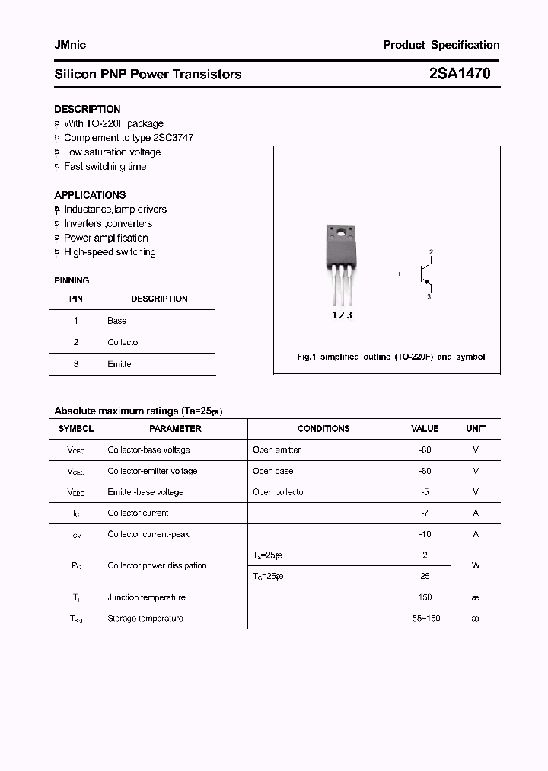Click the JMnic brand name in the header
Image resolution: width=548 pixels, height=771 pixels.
(70, 45)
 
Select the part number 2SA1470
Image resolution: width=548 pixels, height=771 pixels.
(460, 74)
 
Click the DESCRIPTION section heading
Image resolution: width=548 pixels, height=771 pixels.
(87, 109)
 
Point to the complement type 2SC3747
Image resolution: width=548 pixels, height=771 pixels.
(174, 138)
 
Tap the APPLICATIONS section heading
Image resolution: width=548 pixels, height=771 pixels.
(90, 195)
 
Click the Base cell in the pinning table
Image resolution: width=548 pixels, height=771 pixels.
(116, 321)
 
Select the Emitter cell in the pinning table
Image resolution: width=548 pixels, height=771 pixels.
(120, 364)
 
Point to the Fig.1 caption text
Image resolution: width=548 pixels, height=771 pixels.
(390, 357)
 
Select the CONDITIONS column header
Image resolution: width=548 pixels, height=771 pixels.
(323, 429)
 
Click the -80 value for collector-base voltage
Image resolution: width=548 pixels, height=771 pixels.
(425, 449)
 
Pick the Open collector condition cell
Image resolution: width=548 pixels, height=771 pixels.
(279, 492)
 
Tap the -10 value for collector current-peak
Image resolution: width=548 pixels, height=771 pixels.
(425, 534)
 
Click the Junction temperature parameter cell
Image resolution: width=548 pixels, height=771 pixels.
(146, 597)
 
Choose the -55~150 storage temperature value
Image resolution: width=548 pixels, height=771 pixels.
(425, 619)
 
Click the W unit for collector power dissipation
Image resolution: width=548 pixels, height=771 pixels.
(476, 565)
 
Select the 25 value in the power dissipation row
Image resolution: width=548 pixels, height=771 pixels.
(425, 576)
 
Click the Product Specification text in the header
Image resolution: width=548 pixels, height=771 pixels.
(441, 45)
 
